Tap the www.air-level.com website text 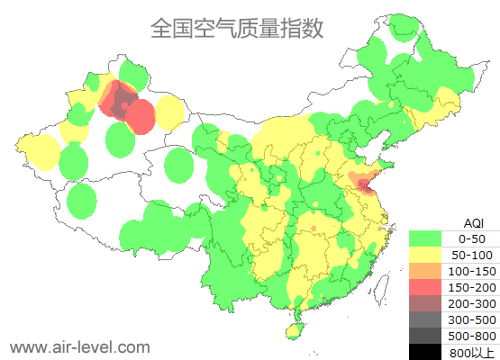point(79,346)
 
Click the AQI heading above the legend point(472,222)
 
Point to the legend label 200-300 point(472,303)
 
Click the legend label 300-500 point(472,319)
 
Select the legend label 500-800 point(472,336)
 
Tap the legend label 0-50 point(472,238)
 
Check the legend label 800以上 point(472,352)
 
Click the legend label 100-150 point(472,271)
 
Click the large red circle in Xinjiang point(140,117)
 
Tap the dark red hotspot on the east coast point(362,185)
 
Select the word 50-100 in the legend point(472,255)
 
